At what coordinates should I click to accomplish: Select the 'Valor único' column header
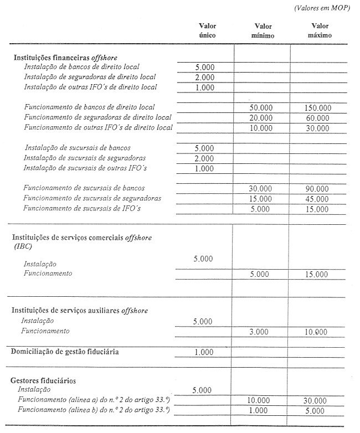coord(208,30)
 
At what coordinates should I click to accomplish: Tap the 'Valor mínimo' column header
coord(263,31)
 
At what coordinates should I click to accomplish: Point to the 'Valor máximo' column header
coord(320,30)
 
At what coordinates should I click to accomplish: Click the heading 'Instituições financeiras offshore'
coord(65,58)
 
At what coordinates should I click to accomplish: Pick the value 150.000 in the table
coord(318,107)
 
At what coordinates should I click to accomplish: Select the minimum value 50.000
coord(261,107)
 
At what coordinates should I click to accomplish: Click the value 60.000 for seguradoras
coord(318,118)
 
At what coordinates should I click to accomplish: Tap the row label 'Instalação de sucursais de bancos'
coord(78,148)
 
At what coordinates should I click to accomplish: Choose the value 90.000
coord(318,189)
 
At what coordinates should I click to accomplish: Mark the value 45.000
coord(318,199)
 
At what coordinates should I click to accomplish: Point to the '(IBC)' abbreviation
coord(23,247)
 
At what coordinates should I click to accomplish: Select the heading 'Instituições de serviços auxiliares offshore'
coord(80,311)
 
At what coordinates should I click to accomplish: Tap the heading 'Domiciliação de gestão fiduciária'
coord(65,352)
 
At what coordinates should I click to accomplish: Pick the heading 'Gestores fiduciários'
coord(43,381)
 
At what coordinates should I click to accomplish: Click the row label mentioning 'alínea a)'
coord(93,400)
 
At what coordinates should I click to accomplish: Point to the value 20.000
coord(261,118)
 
